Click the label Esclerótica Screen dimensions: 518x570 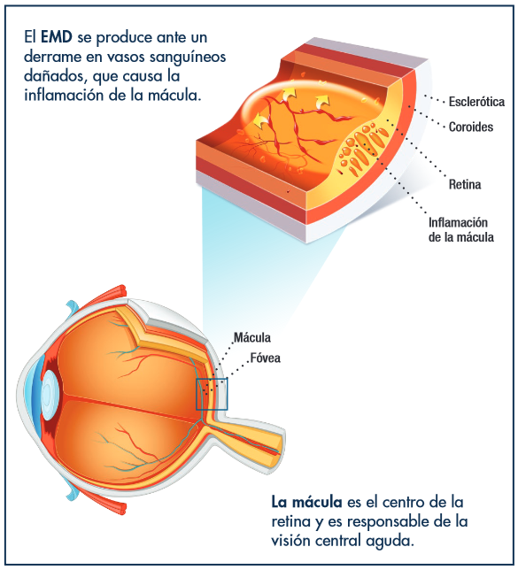pyautogui.click(x=476, y=102)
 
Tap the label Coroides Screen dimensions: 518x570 pyautogui.click(x=471, y=127)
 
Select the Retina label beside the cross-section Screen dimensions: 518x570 pyautogui.click(x=465, y=184)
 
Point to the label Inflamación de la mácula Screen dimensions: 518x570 pyautogui.click(x=461, y=230)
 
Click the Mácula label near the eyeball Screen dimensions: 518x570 pyautogui.click(x=252, y=338)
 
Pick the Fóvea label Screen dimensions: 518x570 pyautogui.click(x=266, y=358)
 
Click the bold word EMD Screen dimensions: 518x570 pyautogui.click(x=57, y=37)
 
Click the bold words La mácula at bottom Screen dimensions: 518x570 pyautogui.click(x=306, y=503)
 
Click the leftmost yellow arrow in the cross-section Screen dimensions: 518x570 pyautogui.click(x=260, y=120)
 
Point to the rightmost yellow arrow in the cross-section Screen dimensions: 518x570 pyautogui.click(x=322, y=101)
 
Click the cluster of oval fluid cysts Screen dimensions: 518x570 pyautogui.click(x=362, y=148)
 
